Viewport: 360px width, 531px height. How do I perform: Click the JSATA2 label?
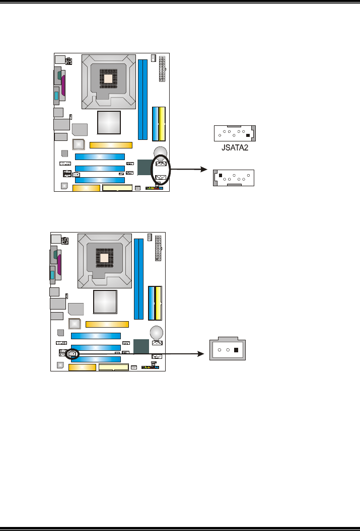[235, 148]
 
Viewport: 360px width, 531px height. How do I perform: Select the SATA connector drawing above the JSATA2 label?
[235, 134]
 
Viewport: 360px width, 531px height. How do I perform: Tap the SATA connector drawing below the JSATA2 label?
[235, 178]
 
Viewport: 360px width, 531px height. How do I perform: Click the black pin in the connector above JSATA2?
[248, 135]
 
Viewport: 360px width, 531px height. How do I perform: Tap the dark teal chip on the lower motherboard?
[141, 346]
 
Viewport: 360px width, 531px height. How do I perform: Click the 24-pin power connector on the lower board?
[158, 248]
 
